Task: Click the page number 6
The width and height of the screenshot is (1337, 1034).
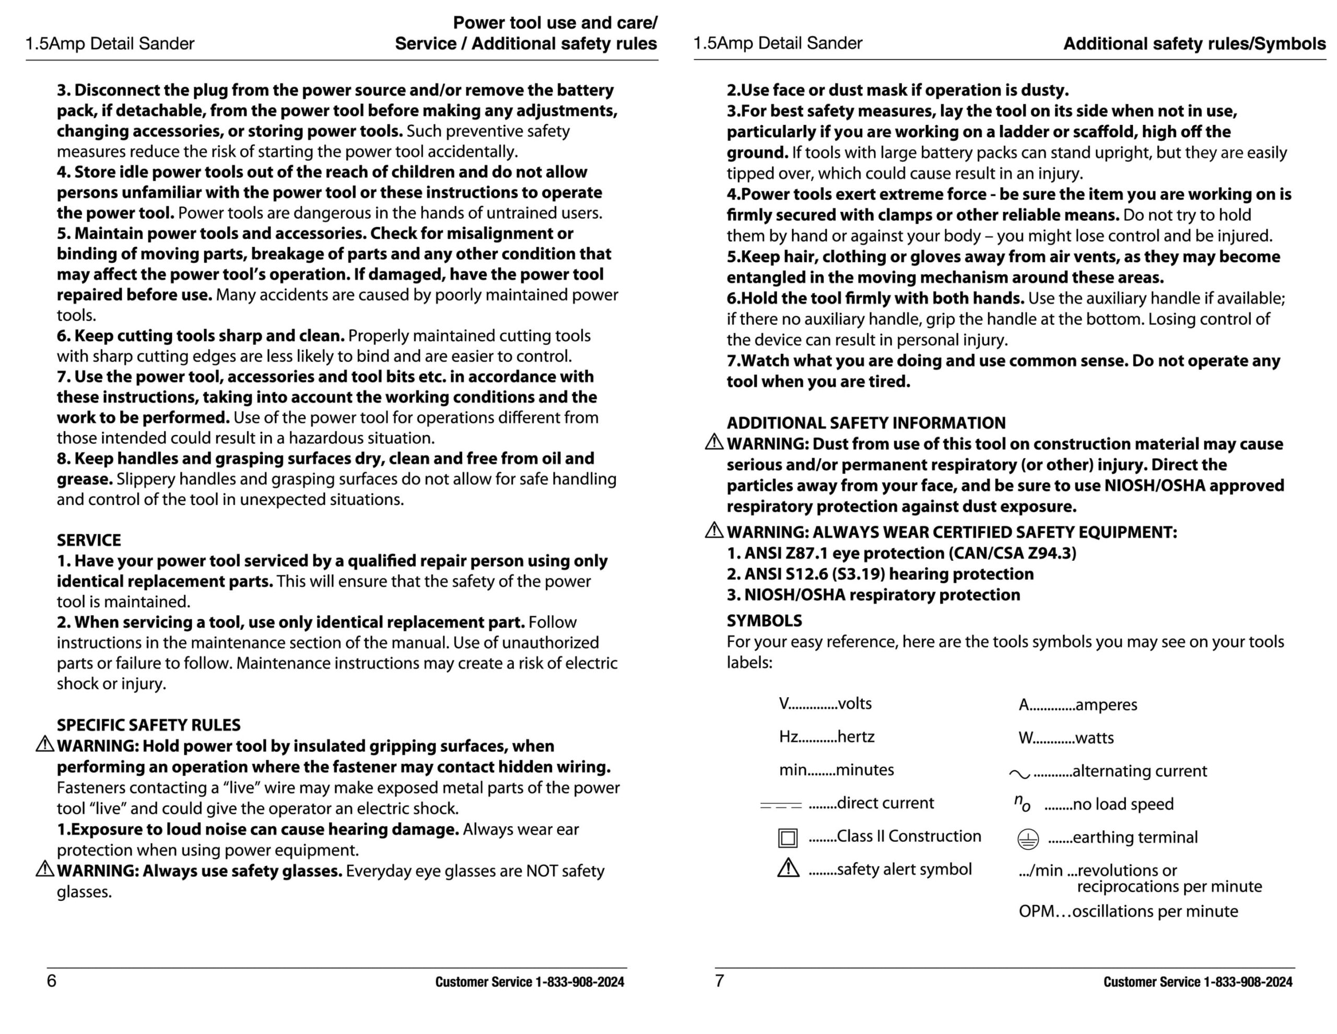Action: [51, 981]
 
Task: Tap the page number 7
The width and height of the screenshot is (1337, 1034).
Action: [719, 981]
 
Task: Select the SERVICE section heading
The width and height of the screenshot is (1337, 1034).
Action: [89, 540]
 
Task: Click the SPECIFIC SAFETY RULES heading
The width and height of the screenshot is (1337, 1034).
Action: [149, 725]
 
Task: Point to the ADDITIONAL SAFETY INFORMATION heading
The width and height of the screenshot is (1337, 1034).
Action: [865, 423]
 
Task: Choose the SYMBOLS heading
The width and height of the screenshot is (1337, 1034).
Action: [764, 621]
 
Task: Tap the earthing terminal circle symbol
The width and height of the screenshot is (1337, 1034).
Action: [1028, 839]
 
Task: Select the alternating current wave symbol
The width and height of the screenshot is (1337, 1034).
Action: [1019, 774]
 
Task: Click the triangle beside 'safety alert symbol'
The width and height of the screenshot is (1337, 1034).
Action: [788, 868]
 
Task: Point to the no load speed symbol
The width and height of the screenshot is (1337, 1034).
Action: [1022, 803]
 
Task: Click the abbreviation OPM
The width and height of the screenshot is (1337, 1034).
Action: [1036, 912]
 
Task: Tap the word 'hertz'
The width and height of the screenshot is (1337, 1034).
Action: [856, 736]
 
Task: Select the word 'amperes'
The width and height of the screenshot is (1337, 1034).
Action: [1106, 704]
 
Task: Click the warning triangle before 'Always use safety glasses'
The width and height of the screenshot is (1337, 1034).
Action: [45, 868]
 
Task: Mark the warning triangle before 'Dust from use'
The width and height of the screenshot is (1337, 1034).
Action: [714, 442]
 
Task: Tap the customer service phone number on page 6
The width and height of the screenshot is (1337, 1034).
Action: [580, 982]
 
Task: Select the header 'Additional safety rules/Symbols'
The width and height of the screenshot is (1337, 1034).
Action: [1194, 43]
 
